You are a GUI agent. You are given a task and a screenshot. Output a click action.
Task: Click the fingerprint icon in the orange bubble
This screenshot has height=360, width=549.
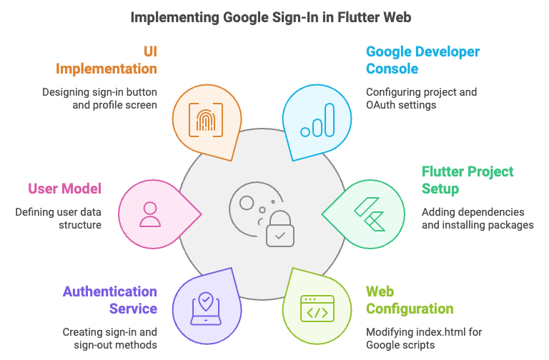(205, 119)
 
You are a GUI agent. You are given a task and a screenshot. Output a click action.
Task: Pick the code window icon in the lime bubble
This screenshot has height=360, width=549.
(317, 306)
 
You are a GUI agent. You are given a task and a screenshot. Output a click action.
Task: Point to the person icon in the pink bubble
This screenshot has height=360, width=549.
(150, 213)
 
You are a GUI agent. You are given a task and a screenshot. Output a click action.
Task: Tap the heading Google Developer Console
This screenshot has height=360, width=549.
(422, 60)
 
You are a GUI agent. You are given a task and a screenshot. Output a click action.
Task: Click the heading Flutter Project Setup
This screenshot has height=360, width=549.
(467, 180)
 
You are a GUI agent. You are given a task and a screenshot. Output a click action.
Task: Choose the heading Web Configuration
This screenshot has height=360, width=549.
(409, 300)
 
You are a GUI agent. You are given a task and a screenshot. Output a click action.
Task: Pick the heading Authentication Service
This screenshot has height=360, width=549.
(110, 300)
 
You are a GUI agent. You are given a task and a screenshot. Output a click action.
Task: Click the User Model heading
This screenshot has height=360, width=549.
(64, 189)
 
